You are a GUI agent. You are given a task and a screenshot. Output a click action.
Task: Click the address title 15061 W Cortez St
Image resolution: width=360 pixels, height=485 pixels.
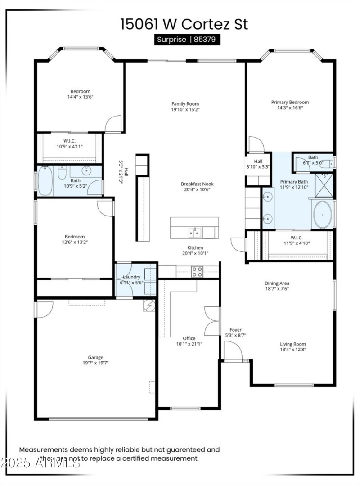pyautogui.click(x=184, y=24)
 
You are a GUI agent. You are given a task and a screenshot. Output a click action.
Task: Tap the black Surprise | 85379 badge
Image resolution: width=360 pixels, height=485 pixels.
pyautogui.click(x=186, y=40)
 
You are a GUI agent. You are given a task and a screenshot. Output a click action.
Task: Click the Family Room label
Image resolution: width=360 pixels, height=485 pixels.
pyautogui.click(x=185, y=104)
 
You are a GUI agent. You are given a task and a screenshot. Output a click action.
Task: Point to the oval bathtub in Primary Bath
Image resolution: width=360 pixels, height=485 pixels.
pyautogui.click(x=322, y=215)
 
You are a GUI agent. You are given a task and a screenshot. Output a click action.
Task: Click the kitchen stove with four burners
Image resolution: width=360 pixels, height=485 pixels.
pyautogui.click(x=197, y=271)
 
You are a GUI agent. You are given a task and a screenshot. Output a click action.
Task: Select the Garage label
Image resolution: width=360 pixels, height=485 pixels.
pyautogui.click(x=95, y=357)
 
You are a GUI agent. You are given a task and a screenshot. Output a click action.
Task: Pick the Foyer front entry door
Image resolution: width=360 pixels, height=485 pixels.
pyautogui.click(x=233, y=351)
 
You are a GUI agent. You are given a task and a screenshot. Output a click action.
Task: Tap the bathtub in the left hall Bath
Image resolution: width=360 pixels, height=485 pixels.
pyautogui.click(x=45, y=181)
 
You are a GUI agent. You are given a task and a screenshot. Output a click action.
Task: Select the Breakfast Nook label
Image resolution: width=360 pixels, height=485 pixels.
pyautogui.click(x=197, y=184)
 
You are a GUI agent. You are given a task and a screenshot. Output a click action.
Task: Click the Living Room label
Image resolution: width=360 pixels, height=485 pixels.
pyautogui.click(x=293, y=344)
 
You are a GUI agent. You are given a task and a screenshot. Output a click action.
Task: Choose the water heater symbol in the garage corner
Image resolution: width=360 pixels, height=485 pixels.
pyautogui.click(x=149, y=305)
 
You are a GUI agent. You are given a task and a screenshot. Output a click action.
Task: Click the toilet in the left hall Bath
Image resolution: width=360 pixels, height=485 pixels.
pyautogui.click(x=62, y=172)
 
